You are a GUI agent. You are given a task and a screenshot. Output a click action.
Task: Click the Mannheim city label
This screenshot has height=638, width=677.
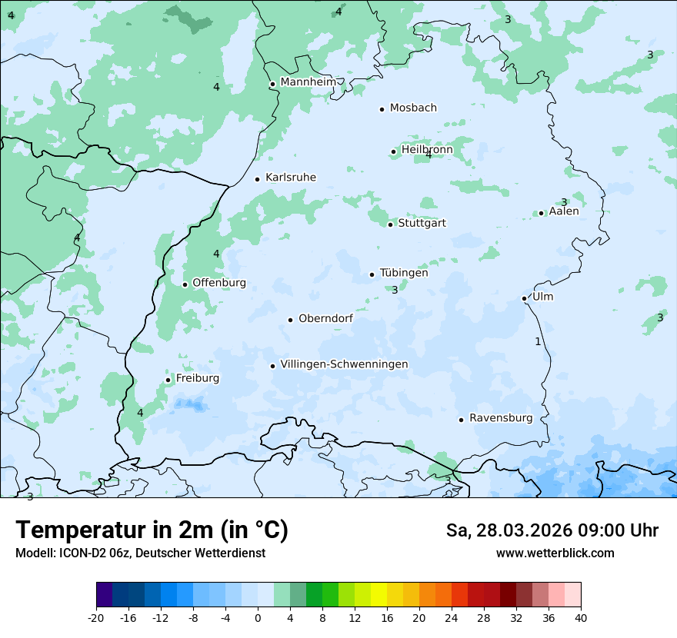pos(308,82)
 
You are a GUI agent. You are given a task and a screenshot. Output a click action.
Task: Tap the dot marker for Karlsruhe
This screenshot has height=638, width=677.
pos(258,179)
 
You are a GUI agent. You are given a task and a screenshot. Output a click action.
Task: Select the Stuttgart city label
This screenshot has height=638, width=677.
pos(422,224)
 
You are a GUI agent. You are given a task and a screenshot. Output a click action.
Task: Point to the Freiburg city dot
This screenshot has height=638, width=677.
pos(168,380)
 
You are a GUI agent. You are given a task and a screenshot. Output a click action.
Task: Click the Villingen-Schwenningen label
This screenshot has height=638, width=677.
pos(344,364)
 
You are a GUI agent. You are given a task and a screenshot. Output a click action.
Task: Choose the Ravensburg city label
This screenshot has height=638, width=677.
pos(501,418)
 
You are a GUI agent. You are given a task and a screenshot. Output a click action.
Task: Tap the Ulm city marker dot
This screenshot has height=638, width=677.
pos(525,298)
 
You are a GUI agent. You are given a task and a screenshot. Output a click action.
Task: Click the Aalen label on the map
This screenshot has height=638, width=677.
pos(564,211)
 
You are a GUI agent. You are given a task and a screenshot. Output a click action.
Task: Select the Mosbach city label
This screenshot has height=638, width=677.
pos(413,108)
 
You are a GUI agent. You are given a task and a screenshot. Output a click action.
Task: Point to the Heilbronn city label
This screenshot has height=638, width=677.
pos(427,150)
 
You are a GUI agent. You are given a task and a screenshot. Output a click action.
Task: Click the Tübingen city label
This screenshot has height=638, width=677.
pos(404,273)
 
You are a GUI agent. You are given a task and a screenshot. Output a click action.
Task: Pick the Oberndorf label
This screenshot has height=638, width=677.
pos(325,318)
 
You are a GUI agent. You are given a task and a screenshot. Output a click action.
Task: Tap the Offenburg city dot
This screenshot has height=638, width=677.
pos(185,284)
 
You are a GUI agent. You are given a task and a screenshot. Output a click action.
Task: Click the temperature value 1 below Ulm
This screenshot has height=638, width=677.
pos(538,341)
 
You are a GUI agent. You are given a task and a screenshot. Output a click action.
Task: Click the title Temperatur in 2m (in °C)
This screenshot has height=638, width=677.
pos(152,530)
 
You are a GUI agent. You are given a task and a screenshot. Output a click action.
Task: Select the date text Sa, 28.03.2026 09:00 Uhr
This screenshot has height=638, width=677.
pos(552,530)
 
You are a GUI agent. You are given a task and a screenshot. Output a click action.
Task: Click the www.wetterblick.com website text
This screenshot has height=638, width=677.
pos(555,553)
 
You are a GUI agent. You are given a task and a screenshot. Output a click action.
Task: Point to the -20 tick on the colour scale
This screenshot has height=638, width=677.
pos(96,617)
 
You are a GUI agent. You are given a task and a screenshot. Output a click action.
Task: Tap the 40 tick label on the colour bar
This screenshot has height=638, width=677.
pos(581,617)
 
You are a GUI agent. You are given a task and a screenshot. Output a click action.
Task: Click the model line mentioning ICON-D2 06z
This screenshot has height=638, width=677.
pos(140,553)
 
